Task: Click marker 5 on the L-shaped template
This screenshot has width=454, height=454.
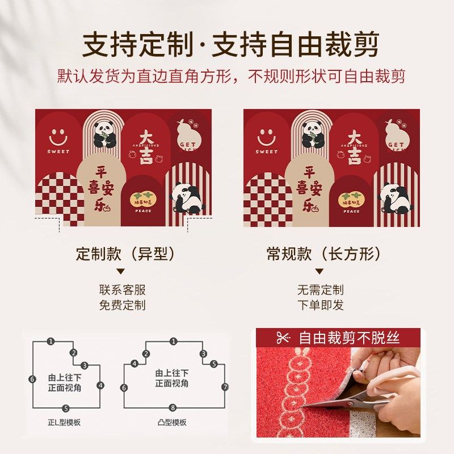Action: (x=66, y=408)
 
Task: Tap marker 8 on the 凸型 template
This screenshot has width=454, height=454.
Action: (x=173, y=407)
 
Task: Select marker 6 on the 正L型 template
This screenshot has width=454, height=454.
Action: (x=32, y=379)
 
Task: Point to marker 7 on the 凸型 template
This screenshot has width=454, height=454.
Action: (x=225, y=387)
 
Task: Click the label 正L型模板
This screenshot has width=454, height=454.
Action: (x=64, y=423)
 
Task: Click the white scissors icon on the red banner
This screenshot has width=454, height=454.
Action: (x=283, y=338)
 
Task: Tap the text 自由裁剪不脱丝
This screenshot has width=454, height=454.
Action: (x=350, y=338)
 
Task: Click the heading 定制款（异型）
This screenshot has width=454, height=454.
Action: (x=125, y=254)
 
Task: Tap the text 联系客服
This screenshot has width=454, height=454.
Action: (x=122, y=290)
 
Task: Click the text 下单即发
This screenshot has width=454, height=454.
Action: (x=320, y=305)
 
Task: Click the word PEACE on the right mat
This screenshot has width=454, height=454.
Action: (x=351, y=211)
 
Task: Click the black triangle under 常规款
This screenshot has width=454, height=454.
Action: (x=320, y=272)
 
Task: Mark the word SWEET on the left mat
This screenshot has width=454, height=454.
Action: (x=58, y=152)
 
